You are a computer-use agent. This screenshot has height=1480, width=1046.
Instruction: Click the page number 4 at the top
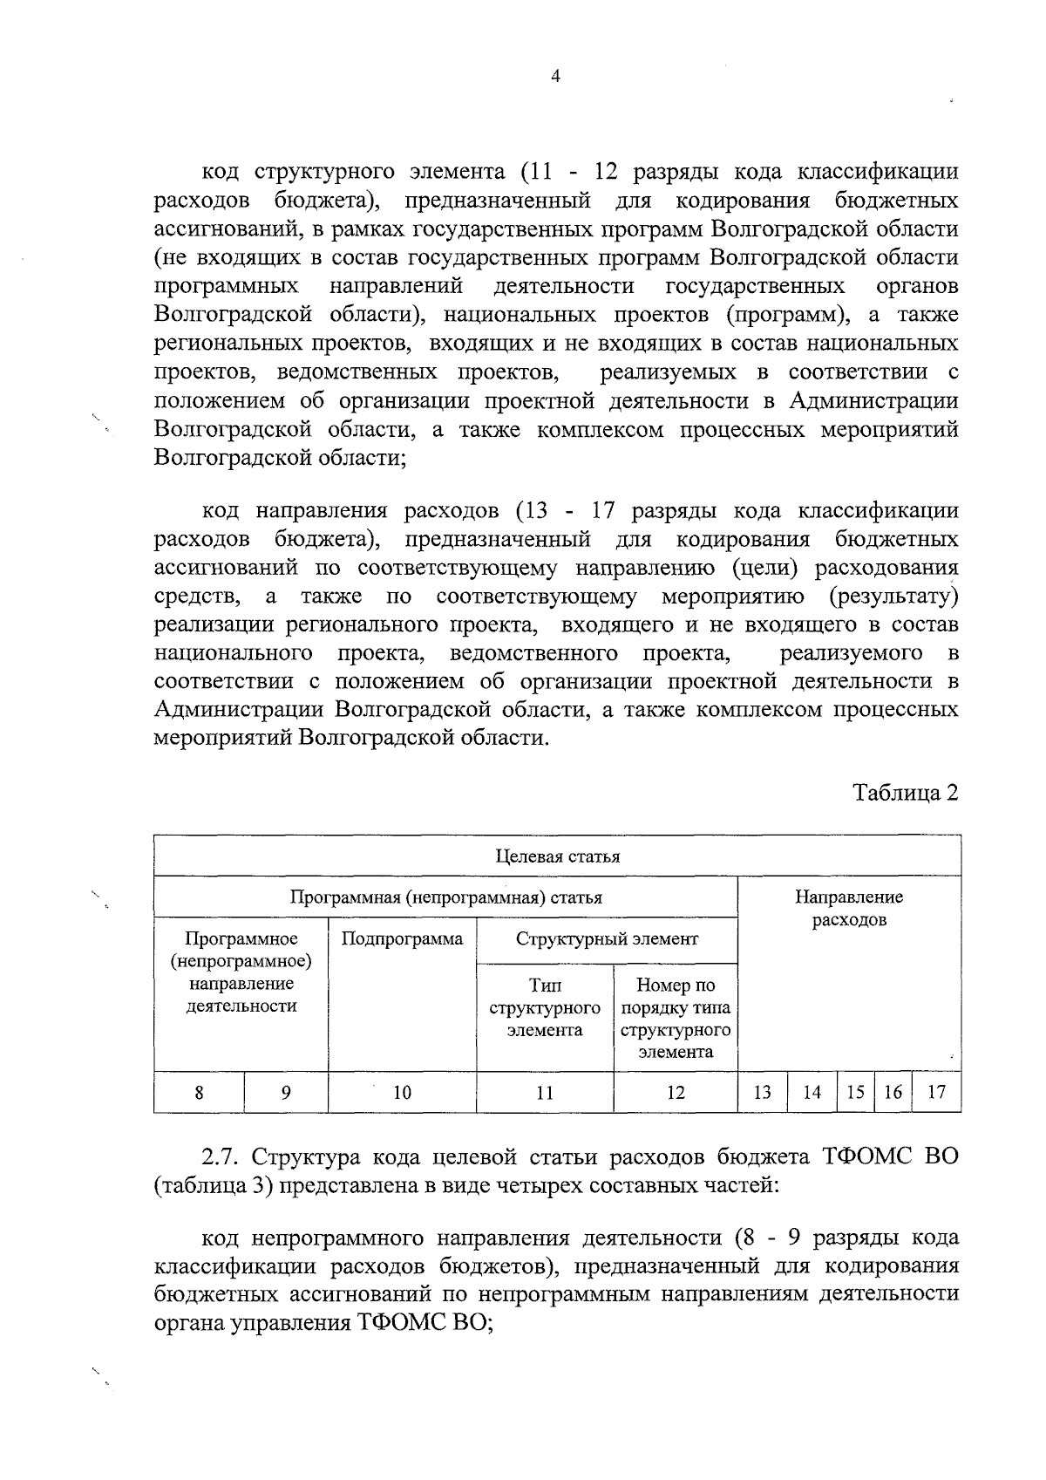point(556,76)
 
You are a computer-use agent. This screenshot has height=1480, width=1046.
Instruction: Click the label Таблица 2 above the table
point(906,792)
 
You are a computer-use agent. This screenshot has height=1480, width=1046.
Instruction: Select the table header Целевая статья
point(557,856)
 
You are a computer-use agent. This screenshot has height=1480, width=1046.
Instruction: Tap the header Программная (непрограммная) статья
point(445,897)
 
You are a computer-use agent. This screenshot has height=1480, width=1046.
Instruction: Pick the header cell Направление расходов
point(849,908)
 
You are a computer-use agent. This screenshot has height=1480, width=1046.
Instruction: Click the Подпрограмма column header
point(402,939)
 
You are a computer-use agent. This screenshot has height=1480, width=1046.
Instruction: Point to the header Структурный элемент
point(607,939)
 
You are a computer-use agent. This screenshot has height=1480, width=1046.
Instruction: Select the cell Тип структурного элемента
point(545,1007)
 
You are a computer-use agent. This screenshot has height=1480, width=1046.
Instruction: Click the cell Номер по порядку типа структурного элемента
point(676,1018)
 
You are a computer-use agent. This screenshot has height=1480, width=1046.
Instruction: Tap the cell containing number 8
point(200,1092)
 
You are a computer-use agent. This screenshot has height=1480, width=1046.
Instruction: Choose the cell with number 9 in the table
point(286,1092)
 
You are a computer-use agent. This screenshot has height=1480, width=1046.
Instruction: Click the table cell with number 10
point(402,1092)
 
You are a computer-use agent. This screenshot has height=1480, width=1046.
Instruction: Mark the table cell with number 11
point(545,1092)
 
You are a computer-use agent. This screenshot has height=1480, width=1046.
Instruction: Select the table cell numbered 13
point(762,1092)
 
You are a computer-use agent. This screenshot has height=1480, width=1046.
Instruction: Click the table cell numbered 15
point(856,1092)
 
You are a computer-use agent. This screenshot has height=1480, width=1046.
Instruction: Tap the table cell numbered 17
point(936,1092)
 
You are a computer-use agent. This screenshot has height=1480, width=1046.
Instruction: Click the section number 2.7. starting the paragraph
point(221,1157)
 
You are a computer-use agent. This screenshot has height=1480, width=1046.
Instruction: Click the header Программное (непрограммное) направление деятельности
point(241,972)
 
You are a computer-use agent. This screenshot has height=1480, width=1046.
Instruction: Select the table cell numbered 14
point(812,1092)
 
